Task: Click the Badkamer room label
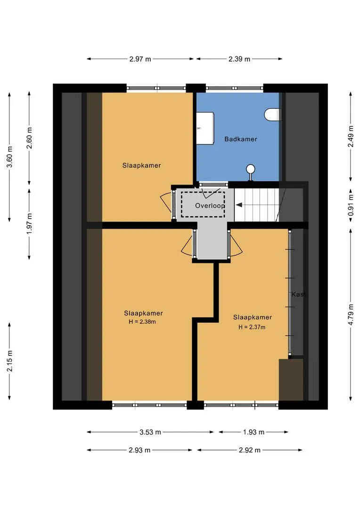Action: click(x=240, y=139)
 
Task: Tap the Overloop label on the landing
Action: click(x=210, y=205)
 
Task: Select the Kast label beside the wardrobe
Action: click(x=299, y=295)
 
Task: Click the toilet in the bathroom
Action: click(x=272, y=115)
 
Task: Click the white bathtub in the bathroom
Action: click(x=205, y=128)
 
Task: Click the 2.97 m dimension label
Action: click(x=140, y=59)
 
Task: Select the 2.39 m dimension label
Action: click(x=239, y=59)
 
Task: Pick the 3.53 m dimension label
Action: click(x=150, y=432)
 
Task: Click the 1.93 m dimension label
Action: click(x=254, y=432)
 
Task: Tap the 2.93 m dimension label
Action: click(x=139, y=450)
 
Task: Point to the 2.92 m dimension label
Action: click(x=250, y=450)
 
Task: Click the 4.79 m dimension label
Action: click(x=351, y=314)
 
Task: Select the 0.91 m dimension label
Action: click(x=351, y=205)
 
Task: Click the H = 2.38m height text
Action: click(x=142, y=322)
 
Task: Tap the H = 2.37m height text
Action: click(x=252, y=327)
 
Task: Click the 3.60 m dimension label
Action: click(x=10, y=157)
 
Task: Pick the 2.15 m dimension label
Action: click(x=10, y=361)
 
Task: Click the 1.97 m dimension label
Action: click(x=30, y=223)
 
